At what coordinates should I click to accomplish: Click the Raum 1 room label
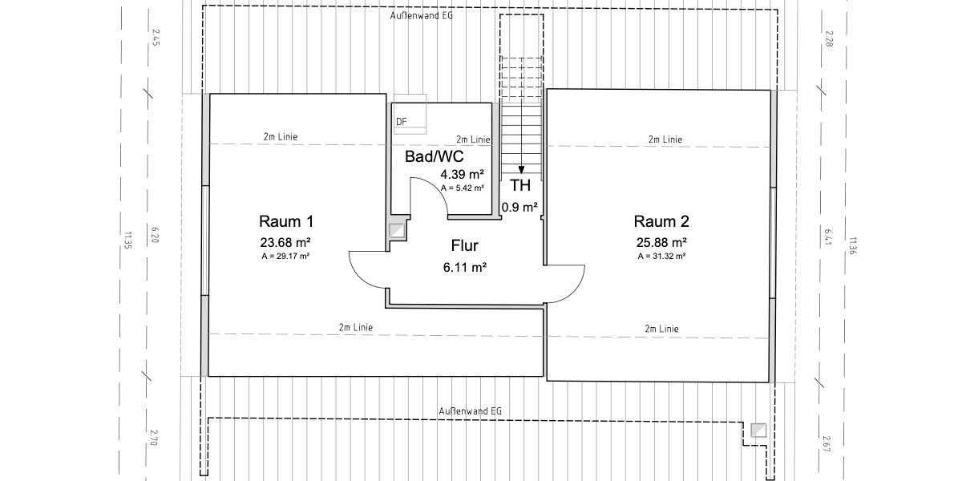click(x=285, y=221)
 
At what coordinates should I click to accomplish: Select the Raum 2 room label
click(x=661, y=221)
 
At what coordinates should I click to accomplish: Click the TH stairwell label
click(x=520, y=186)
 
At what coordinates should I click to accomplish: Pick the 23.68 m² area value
click(x=285, y=242)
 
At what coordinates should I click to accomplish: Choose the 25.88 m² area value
click(x=661, y=242)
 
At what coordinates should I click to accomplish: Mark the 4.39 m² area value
click(x=462, y=174)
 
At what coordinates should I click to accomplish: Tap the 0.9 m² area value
click(x=519, y=207)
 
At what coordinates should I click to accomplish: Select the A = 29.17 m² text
click(x=285, y=257)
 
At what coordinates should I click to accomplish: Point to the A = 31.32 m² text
click(x=661, y=257)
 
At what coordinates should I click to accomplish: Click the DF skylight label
click(x=402, y=122)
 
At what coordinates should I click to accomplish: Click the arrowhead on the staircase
click(x=522, y=169)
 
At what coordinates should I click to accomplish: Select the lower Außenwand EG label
click(x=471, y=410)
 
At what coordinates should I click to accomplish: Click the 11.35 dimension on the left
click(x=127, y=240)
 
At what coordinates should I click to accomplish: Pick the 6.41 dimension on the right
click(x=828, y=236)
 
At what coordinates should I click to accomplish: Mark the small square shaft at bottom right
click(x=758, y=430)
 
